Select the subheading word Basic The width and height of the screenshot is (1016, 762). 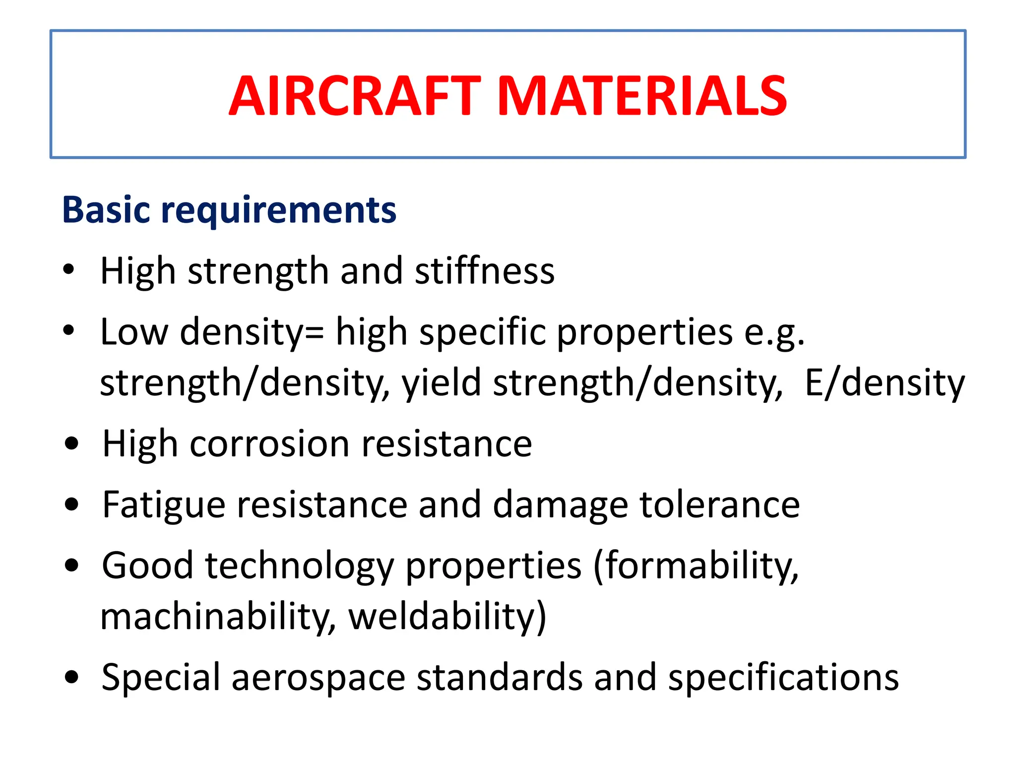(106, 210)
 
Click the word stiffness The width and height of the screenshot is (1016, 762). (485, 271)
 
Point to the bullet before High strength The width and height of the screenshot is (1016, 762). (69, 269)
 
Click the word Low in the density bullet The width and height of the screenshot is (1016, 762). (134, 332)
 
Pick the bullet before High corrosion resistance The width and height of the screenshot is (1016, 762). (72, 444)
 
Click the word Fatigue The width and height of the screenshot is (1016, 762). (163, 505)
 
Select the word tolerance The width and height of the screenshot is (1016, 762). (719, 505)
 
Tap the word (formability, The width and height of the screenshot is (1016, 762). (696, 567)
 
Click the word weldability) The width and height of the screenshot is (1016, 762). (447, 617)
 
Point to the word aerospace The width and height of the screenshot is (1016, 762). (318, 678)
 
